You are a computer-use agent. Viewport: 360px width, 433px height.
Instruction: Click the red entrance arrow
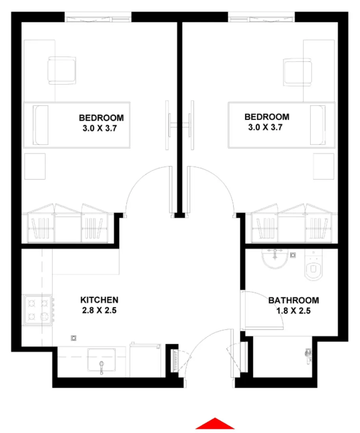215,424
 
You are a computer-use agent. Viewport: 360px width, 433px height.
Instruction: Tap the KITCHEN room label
100,300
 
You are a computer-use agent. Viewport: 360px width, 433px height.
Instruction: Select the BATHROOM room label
294,300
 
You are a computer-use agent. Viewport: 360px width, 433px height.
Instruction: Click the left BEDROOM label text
101,118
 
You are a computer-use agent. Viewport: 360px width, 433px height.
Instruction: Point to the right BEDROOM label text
267,117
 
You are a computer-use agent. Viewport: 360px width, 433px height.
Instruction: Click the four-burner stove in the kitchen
39,309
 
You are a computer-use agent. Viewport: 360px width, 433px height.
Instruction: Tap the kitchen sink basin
102,360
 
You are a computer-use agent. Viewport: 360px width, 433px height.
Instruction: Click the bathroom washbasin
275,259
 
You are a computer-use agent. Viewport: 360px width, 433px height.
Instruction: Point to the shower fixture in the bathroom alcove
308,355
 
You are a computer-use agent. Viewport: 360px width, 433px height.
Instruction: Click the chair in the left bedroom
62,70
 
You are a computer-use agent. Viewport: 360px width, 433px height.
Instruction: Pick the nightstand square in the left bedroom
35,166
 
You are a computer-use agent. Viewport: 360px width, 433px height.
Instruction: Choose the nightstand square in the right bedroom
324,166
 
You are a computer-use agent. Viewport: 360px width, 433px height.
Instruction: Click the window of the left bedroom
98,18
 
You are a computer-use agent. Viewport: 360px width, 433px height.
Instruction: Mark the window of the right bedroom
262,18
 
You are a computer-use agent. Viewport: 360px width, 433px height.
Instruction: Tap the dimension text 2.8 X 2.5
100,310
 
